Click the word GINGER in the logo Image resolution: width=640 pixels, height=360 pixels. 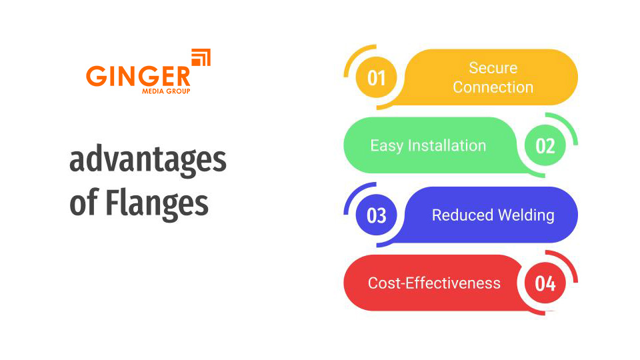point(138,75)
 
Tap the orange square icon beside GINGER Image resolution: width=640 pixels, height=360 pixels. point(201,57)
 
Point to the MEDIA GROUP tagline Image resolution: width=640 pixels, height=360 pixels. point(166,91)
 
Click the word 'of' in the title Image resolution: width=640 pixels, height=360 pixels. point(83,202)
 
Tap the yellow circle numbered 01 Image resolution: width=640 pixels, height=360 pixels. point(377,78)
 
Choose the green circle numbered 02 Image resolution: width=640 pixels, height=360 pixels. point(545,146)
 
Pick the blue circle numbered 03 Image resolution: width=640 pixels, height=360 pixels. point(377,215)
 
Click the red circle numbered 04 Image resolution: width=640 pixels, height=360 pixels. point(545,283)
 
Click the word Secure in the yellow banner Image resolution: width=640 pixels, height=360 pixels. point(493,68)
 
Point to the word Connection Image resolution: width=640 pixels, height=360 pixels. point(493,87)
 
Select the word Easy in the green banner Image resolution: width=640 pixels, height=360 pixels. point(385,146)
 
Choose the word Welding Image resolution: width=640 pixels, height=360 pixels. point(527,215)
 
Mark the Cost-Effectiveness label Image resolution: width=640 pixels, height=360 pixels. point(434,283)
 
